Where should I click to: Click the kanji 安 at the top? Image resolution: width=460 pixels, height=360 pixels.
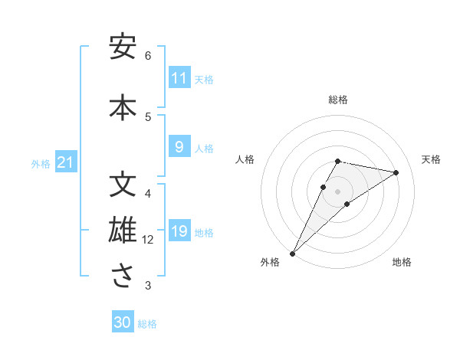(x=122, y=47)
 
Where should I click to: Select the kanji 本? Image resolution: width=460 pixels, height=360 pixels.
(x=122, y=106)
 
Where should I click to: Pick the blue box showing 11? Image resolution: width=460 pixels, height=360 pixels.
(x=179, y=78)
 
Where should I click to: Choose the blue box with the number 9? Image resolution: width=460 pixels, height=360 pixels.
(x=179, y=148)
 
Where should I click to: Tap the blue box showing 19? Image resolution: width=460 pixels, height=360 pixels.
(x=179, y=232)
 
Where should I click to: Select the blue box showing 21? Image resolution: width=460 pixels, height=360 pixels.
(x=65, y=162)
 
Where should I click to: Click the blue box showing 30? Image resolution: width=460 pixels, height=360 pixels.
(x=123, y=322)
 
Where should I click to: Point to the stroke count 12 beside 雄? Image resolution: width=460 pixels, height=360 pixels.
(x=148, y=241)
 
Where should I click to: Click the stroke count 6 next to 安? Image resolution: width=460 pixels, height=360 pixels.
(x=148, y=56)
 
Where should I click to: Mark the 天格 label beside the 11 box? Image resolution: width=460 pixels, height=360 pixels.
(x=204, y=79)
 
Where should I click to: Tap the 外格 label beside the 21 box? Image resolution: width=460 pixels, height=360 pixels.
(x=41, y=163)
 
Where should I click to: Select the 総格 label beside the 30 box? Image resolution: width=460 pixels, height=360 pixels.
(x=147, y=324)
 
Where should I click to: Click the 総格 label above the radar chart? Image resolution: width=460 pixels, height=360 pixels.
(x=338, y=100)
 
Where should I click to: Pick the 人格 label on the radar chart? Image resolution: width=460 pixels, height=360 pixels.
(x=245, y=159)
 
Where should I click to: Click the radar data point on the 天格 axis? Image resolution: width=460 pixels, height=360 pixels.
(x=396, y=172)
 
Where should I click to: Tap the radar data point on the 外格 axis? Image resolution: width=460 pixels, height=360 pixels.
(x=292, y=253)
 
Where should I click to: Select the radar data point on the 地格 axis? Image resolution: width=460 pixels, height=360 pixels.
(x=347, y=204)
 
